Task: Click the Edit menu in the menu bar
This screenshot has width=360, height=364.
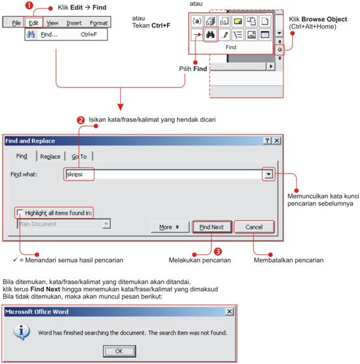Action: point(34,23)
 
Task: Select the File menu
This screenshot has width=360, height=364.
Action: point(16,23)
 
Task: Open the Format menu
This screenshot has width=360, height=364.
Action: point(98,23)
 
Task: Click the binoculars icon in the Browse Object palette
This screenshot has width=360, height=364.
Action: point(210,33)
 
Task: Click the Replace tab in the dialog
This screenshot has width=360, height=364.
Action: point(50,157)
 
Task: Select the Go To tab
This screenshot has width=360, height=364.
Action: point(83,157)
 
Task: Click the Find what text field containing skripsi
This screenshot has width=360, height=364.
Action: point(163,175)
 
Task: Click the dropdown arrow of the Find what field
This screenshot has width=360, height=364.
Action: point(268,175)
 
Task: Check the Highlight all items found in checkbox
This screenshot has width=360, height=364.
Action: point(20,213)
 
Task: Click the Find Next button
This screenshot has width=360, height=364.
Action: point(211,227)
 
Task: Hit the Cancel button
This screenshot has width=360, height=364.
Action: point(254,227)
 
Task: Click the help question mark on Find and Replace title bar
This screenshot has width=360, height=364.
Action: point(267,140)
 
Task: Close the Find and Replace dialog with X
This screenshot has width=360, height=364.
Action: point(277,140)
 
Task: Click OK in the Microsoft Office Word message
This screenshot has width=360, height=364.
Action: point(119,351)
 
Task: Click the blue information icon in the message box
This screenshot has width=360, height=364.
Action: point(22,332)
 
